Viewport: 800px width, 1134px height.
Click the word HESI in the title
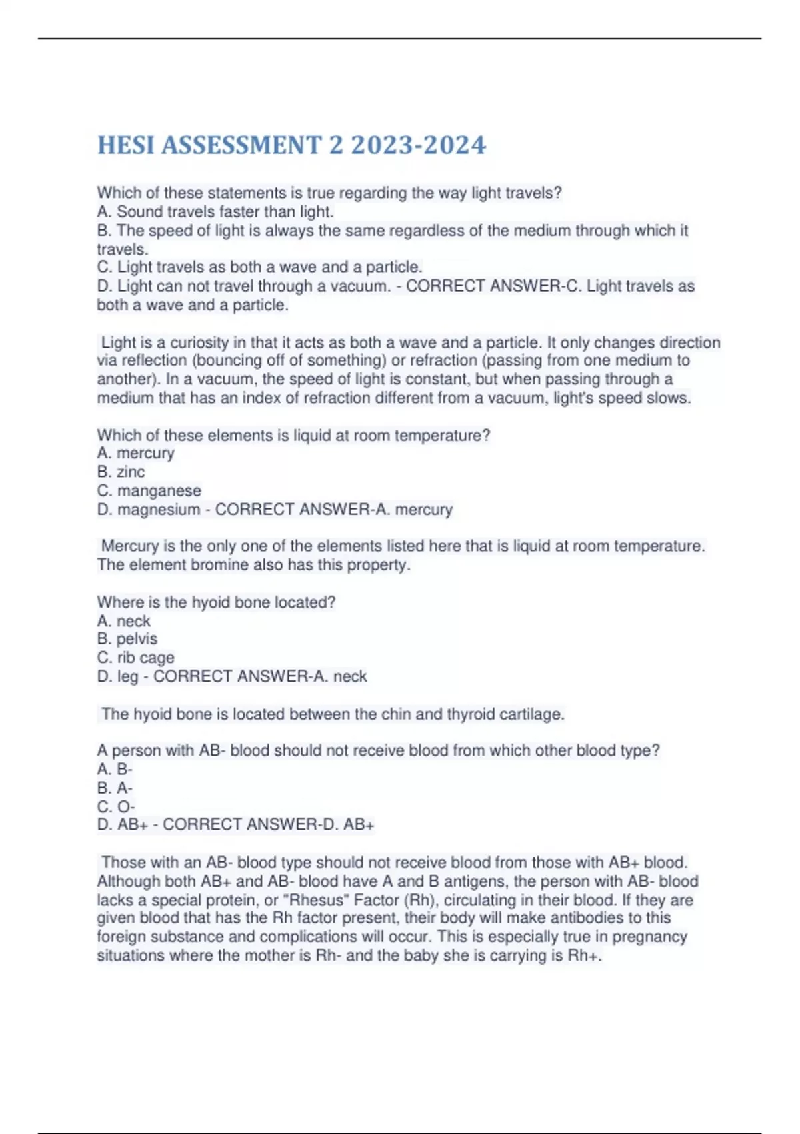(126, 145)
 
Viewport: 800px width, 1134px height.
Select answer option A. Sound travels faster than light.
(215, 212)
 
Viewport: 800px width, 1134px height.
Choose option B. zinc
(121, 472)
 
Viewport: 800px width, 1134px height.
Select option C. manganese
(149, 491)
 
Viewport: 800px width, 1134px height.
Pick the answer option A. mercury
(136, 454)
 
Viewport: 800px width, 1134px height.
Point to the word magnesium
(158, 510)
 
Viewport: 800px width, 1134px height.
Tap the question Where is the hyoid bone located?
(216, 602)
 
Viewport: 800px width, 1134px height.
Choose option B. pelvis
(127, 639)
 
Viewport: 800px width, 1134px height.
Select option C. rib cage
(136, 658)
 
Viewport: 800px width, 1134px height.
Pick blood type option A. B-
(115, 770)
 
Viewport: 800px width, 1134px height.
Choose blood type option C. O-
(116, 806)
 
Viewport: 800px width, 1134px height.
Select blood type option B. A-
(115, 788)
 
